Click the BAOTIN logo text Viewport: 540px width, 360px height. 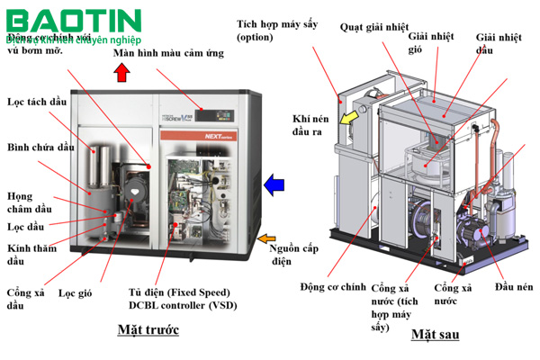coord(72,20)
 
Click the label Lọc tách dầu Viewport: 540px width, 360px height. coord(36,102)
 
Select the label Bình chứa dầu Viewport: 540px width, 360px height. coord(40,147)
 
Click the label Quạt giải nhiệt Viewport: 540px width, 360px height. coord(375,26)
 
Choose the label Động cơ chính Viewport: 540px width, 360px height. coord(332,286)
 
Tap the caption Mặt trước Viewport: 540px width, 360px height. coord(148,329)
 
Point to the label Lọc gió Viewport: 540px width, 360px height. coord(76,292)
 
